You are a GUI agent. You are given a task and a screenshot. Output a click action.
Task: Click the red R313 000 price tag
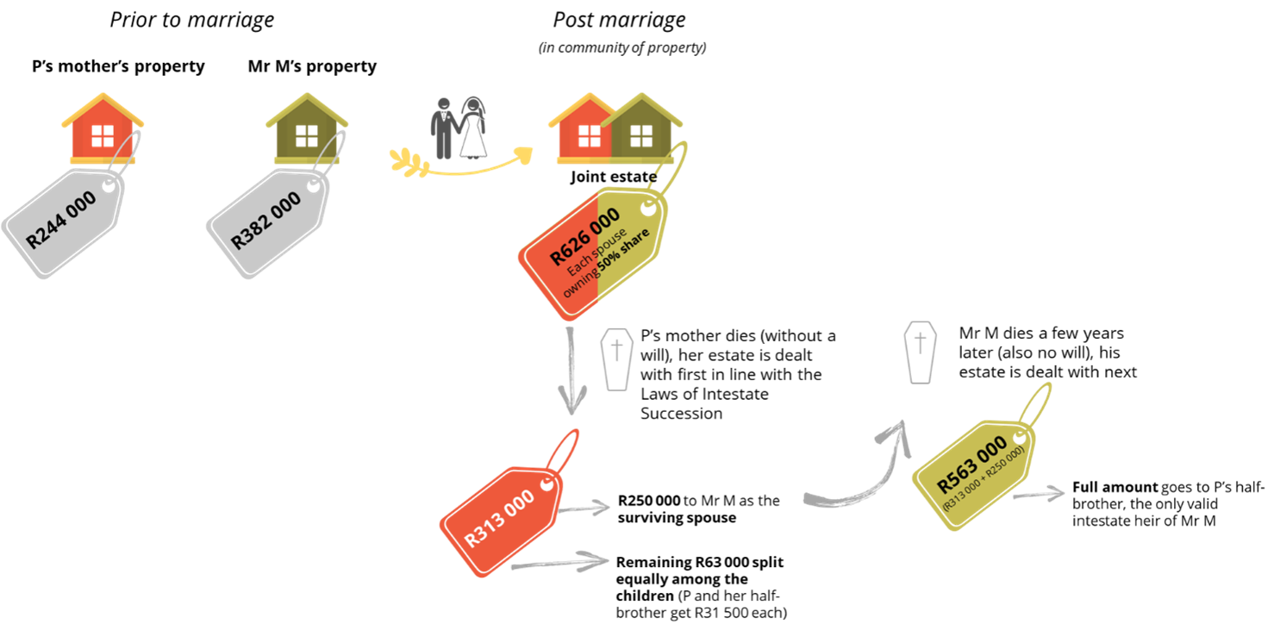pyautogui.click(x=500, y=518)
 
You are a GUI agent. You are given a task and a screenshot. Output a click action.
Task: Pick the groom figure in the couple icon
pyautogui.click(x=443, y=128)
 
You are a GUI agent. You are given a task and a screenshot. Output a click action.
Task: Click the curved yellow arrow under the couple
pyautogui.click(x=461, y=165)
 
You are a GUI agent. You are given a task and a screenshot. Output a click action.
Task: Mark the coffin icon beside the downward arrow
pyautogui.click(x=616, y=359)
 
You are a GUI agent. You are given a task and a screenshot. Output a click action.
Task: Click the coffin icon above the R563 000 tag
pyautogui.click(x=920, y=352)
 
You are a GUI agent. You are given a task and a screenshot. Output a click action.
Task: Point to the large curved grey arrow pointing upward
pyautogui.click(x=862, y=474)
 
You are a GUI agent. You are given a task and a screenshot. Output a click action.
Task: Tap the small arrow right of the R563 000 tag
pyautogui.click(x=1039, y=495)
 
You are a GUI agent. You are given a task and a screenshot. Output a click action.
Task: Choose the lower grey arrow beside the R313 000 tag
pyautogui.click(x=560, y=563)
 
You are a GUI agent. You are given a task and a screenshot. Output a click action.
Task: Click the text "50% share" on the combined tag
pyautogui.click(x=624, y=250)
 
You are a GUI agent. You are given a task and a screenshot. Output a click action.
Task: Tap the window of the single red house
pyautogui.click(x=103, y=135)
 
